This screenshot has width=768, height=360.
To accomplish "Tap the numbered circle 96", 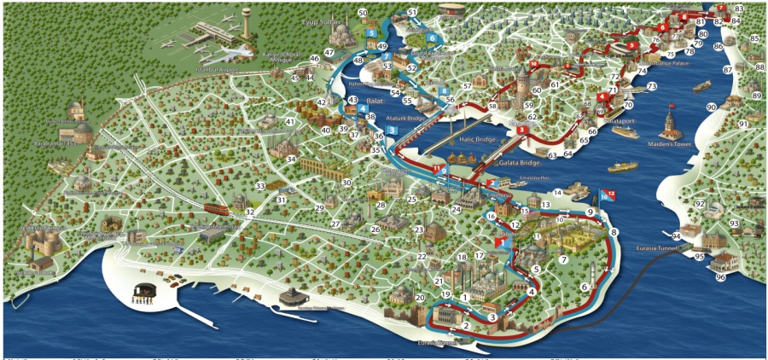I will [720, 277].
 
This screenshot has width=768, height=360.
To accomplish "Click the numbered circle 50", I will [363, 13].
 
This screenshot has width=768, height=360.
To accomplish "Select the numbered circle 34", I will [291, 160].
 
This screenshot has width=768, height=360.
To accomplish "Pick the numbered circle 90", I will [711, 107].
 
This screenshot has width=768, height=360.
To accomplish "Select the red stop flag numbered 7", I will [722, 8].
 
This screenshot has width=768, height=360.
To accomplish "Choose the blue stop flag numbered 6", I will [433, 38].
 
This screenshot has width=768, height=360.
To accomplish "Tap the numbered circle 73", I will [652, 86].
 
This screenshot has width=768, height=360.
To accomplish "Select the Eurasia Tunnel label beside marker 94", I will [660, 248].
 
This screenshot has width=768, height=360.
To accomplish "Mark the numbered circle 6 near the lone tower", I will [585, 287].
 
